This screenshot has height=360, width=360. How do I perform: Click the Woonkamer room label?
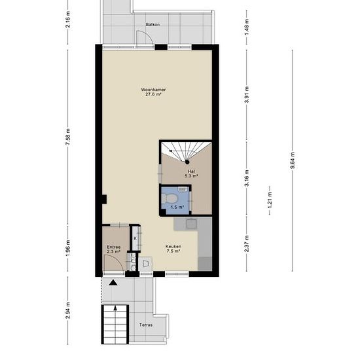pyautogui.click(x=153, y=90)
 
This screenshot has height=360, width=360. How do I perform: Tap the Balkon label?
pyautogui.click(x=153, y=24)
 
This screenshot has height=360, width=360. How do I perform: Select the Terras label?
pyautogui.click(x=146, y=325)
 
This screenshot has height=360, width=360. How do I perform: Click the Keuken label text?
pyautogui.click(x=173, y=246)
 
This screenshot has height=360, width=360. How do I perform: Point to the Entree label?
pyautogui.click(x=113, y=247)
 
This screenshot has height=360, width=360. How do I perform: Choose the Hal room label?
pyautogui.click(x=191, y=171)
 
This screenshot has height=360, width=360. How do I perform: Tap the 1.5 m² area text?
pyautogui.click(x=177, y=207)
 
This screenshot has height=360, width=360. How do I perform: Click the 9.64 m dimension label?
pyautogui.click(x=293, y=160)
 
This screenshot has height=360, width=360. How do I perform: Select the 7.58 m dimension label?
pyautogui.click(x=67, y=137)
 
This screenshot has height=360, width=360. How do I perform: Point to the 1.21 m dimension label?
pyautogui.click(x=270, y=200)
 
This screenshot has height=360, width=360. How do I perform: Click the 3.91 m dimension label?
pyautogui.click(x=247, y=95)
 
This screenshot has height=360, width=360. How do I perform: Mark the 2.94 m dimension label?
pyautogui.click(x=67, y=310)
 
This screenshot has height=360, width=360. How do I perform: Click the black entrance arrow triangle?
pyautogui.click(x=113, y=282)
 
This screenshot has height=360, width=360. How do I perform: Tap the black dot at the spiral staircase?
pyautogui.click(x=187, y=162)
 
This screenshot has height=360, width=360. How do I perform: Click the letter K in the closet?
pyautogui.click(x=135, y=238)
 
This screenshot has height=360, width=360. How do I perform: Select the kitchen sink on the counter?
pyautogui.click(x=191, y=224)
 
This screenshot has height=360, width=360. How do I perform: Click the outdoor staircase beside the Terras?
pyautogui.click(x=115, y=324)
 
